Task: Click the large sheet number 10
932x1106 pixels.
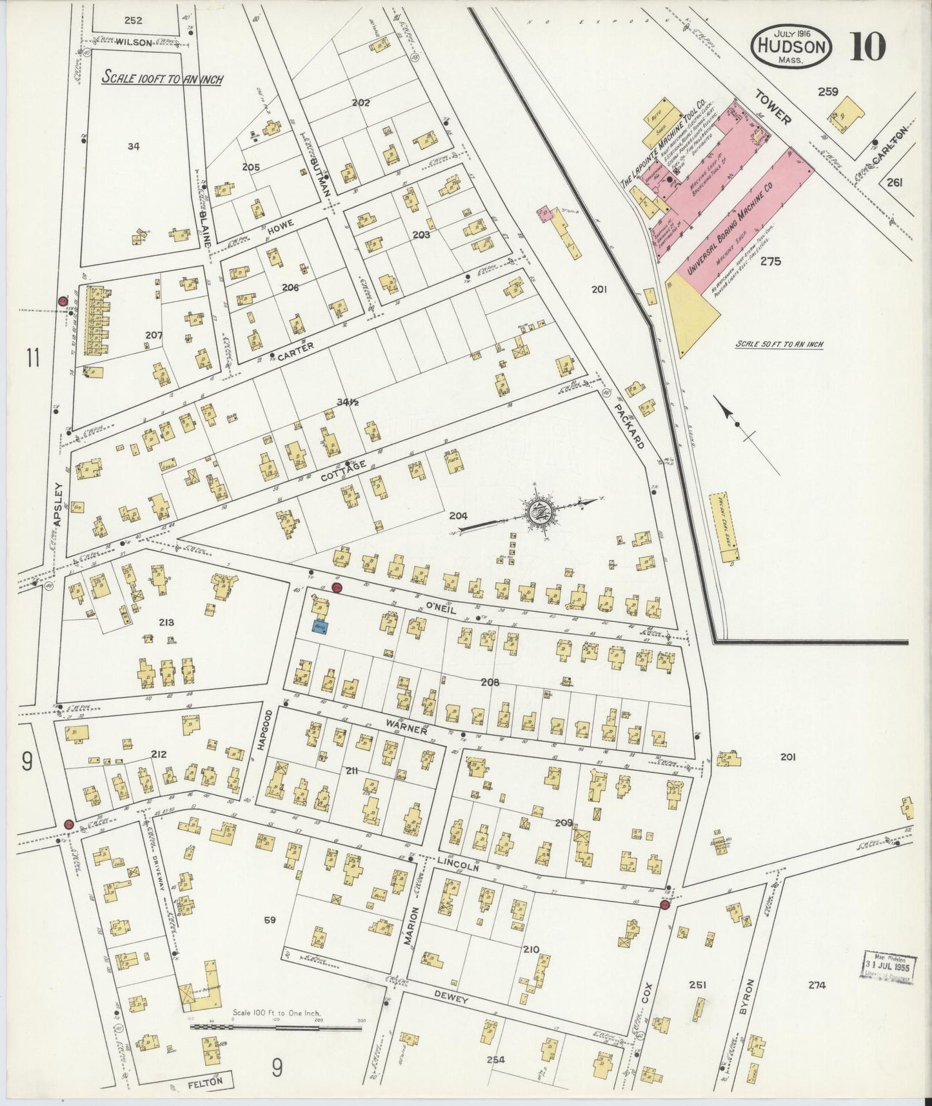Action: (x=867, y=46)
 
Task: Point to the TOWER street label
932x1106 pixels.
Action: (x=773, y=107)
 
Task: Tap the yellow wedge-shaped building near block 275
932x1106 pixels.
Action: (x=691, y=310)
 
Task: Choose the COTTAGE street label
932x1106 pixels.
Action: (x=343, y=472)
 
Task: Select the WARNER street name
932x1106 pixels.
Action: (x=406, y=727)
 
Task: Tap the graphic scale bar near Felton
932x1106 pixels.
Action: (x=275, y=1025)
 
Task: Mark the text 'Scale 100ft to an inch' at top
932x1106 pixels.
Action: (x=163, y=79)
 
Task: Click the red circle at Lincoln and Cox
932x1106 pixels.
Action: (x=664, y=905)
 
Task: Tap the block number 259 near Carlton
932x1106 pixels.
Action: (x=828, y=92)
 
